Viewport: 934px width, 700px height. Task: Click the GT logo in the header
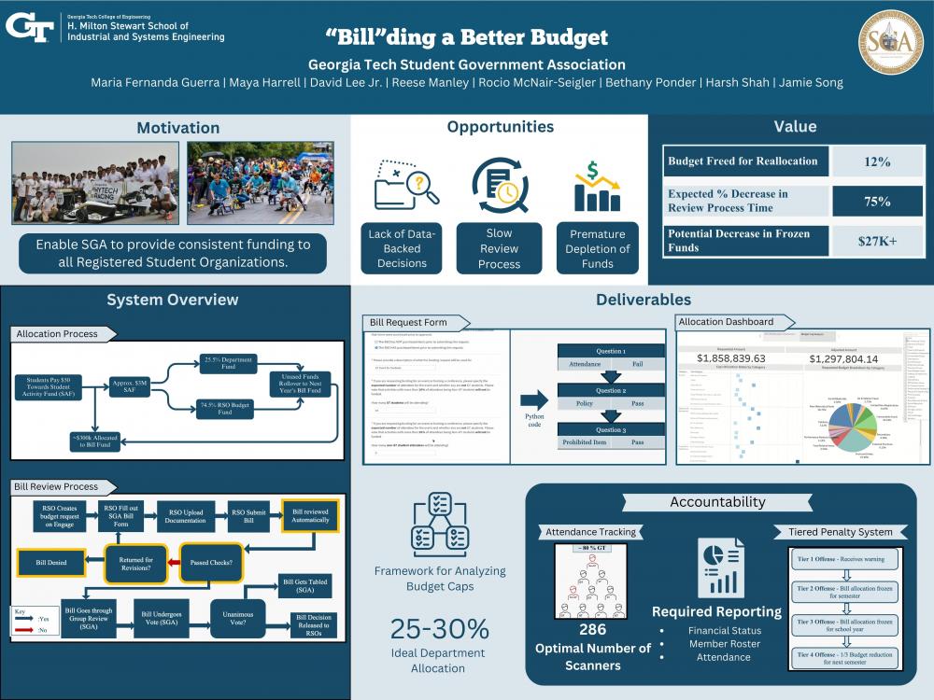pos(29,25)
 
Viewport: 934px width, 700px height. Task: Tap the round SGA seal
pos(889,42)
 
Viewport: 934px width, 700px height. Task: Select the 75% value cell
pos(876,202)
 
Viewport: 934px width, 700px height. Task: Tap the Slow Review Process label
pos(500,248)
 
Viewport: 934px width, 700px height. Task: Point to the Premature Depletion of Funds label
pos(598,248)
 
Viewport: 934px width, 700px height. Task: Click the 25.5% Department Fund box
pos(227,364)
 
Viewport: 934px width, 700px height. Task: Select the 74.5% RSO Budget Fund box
pos(227,407)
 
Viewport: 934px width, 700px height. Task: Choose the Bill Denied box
pos(52,564)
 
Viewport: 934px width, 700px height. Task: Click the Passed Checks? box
pos(211,564)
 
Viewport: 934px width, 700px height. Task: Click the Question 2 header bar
pos(610,390)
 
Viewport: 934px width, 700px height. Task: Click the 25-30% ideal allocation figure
pos(438,628)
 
